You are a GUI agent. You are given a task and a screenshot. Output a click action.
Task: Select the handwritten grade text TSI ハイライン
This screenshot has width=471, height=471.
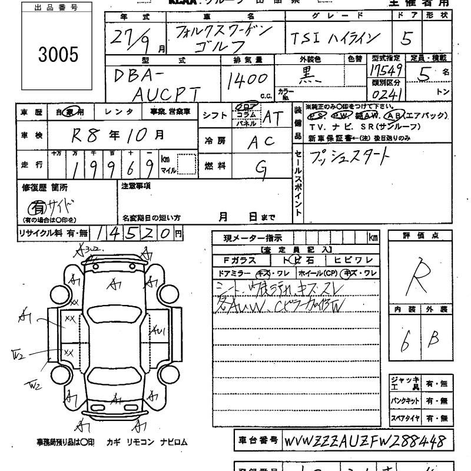point(333,39)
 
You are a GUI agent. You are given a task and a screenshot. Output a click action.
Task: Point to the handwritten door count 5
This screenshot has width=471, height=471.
point(405,39)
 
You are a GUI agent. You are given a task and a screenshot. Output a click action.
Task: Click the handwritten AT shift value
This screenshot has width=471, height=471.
point(272,117)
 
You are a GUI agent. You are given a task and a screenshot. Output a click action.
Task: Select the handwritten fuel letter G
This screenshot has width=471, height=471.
point(258,167)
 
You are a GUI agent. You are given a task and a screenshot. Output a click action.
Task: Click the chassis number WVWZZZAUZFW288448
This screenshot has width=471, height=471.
point(364,442)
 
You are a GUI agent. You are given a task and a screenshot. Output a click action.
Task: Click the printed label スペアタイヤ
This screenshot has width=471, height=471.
point(404,419)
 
